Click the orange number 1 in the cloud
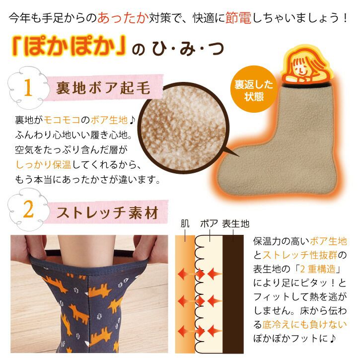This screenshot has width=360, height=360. [28, 87]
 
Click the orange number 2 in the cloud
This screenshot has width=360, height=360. [28, 210]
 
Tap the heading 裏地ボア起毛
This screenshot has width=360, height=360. [103, 88]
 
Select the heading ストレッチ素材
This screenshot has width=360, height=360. [107, 213]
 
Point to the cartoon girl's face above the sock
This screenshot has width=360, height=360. [301, 67]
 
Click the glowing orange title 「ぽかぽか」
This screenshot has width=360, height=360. [69, 46]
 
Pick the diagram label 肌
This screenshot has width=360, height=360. [185, 223]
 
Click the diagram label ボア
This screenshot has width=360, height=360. [209, 223]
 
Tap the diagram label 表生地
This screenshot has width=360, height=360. [235, 223]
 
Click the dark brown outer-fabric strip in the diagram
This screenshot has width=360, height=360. [233, 294]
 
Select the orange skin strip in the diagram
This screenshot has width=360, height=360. [185, 294]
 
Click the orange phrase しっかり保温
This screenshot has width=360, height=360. [43, 165]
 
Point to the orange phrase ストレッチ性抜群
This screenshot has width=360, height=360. [300, 255]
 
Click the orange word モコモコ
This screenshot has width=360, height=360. [62, 120]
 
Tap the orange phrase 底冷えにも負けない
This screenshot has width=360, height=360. [304, 325]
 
